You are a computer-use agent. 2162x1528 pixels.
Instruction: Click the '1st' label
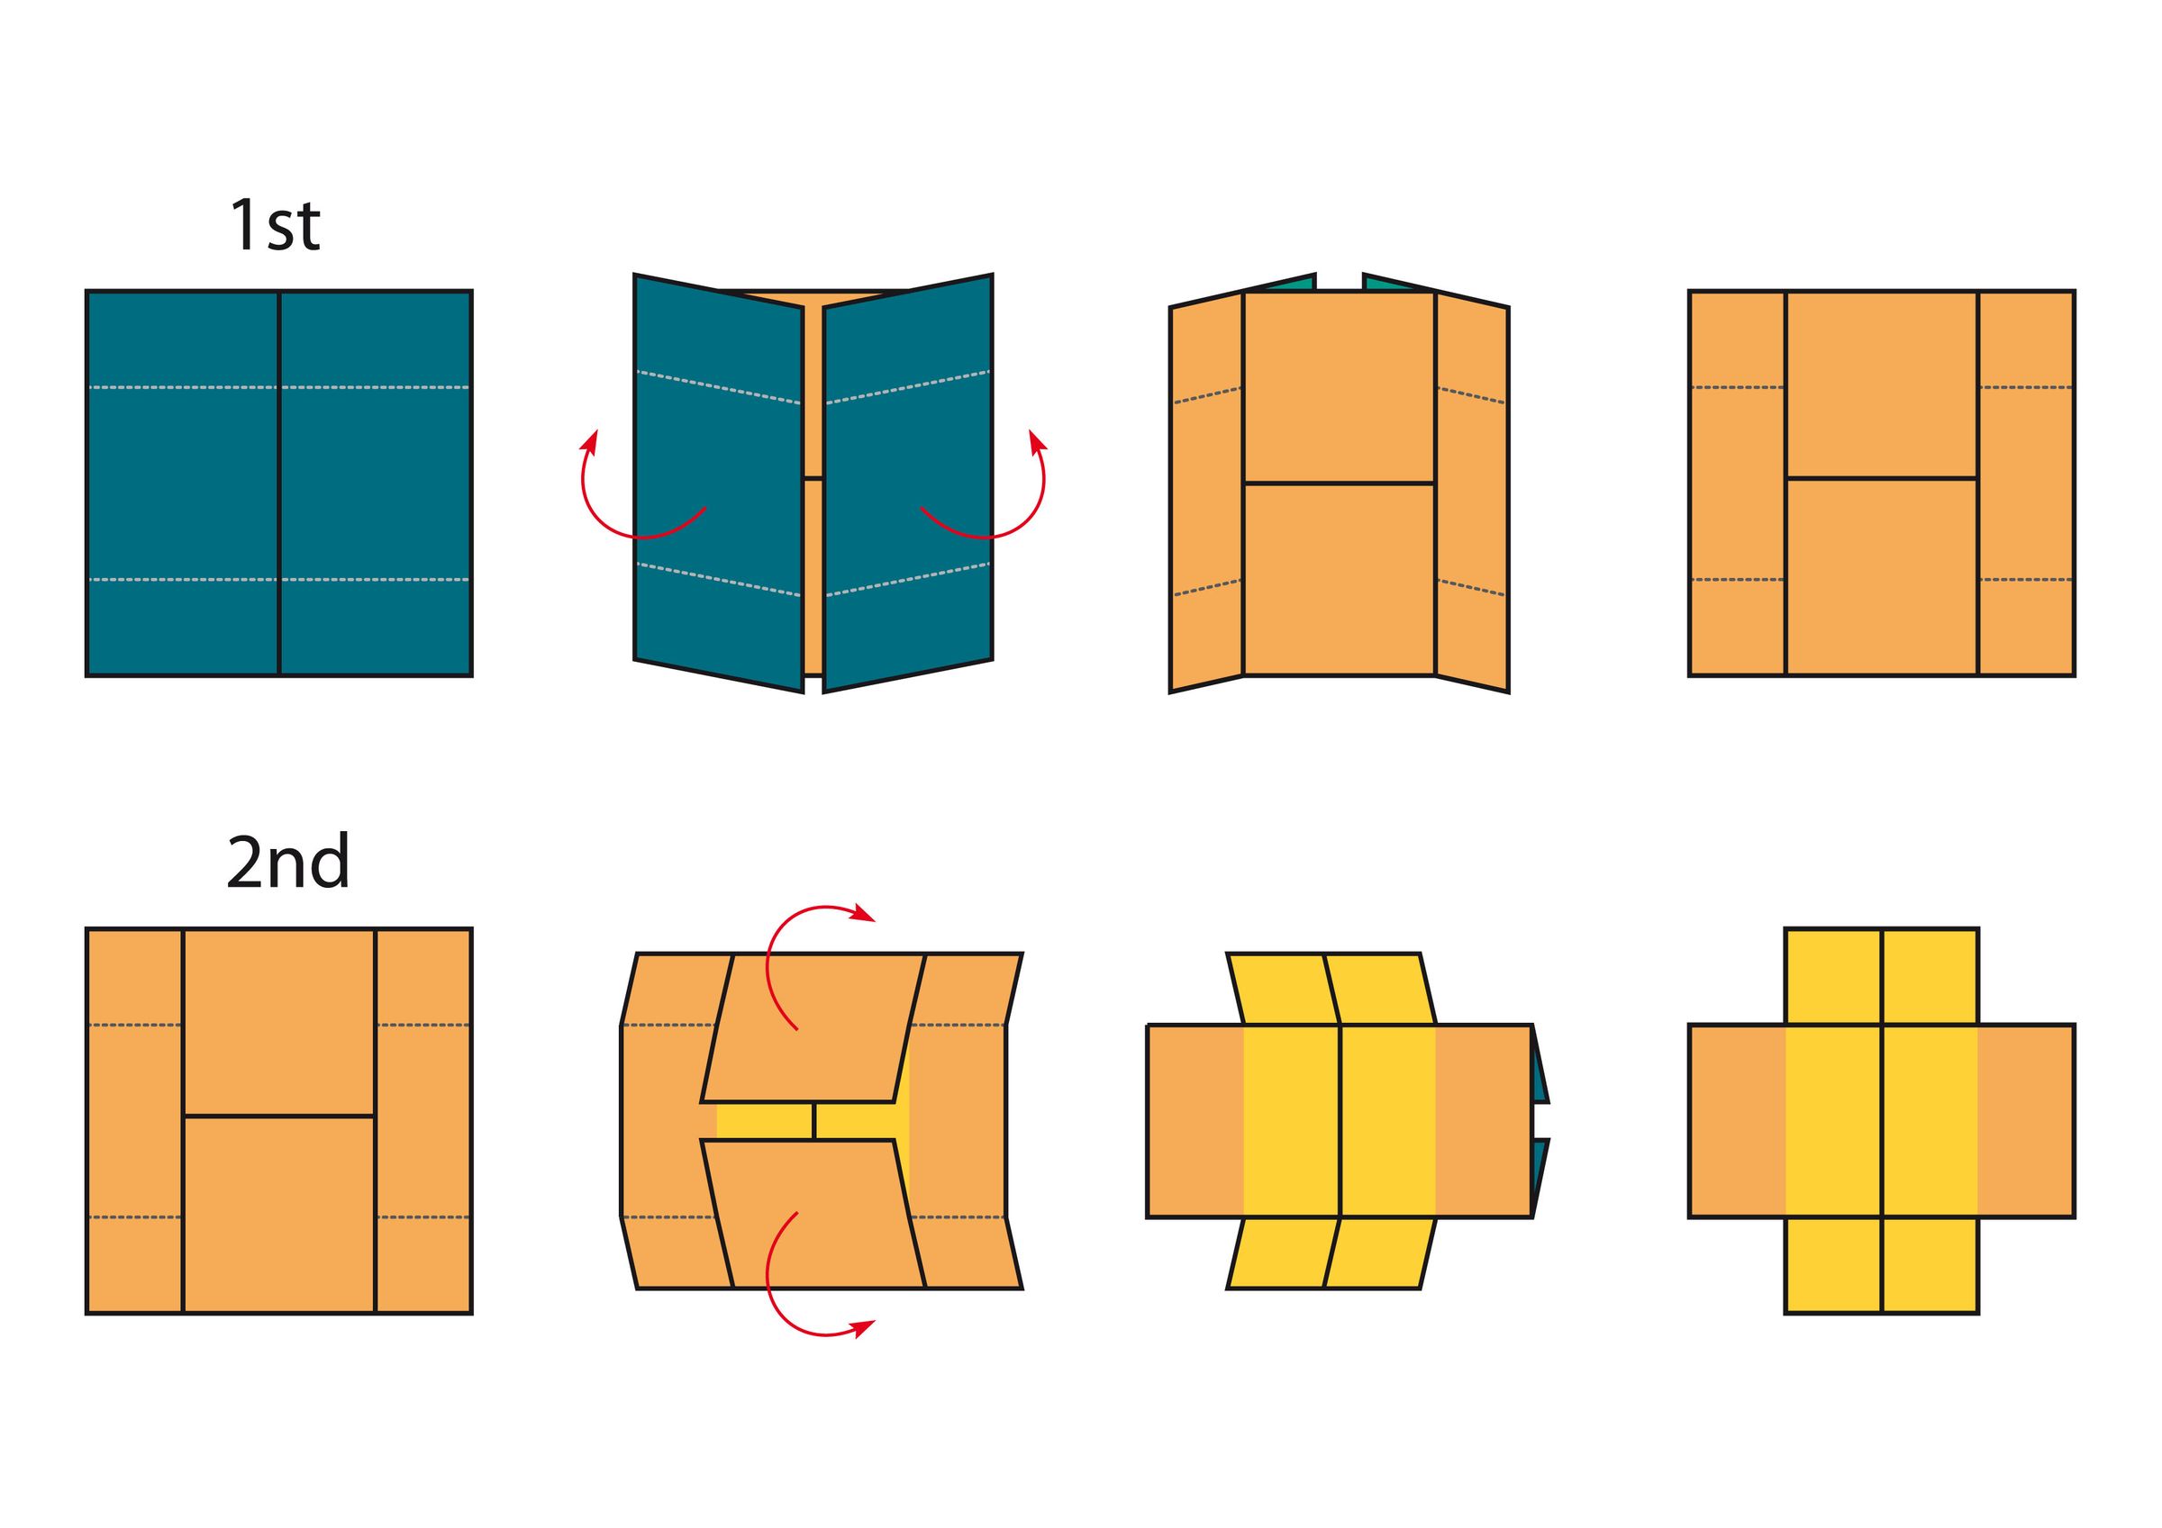pyautogui.click(x=275, y=225)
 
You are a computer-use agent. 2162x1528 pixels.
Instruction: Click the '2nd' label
pyautogui.click(x=288, y=862)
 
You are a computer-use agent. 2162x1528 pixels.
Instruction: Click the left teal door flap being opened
pyautogui.click(x=719, y=483)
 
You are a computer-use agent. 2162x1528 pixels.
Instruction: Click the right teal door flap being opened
pyautogui.click(x=908, y=483)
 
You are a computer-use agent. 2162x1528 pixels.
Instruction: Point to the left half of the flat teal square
pyautogui.click(x=183, y=483)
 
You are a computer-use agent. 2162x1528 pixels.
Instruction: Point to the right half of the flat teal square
pyautogui.click(x=376, y=483)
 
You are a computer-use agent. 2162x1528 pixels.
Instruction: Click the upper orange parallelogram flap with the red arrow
pyautogui.click(x=813, y=1028)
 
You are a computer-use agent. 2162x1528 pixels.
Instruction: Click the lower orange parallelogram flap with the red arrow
pyautogui.click(x=813, y=1215)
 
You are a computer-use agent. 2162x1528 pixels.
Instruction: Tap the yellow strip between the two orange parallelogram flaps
pyautogui.click(x=813, y=1121)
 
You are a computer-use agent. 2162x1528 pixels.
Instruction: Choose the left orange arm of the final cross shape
pyautogui.click(x=1738, y=1121)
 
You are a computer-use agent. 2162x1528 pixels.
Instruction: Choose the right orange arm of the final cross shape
pyautogui.click(x=2025, y=1121)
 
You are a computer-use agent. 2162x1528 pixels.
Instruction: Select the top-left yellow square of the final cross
pyautogui.click(x=1833, y=976)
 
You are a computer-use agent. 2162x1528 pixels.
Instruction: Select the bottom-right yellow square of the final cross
pyautogui.click(x=1930, y=1265)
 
